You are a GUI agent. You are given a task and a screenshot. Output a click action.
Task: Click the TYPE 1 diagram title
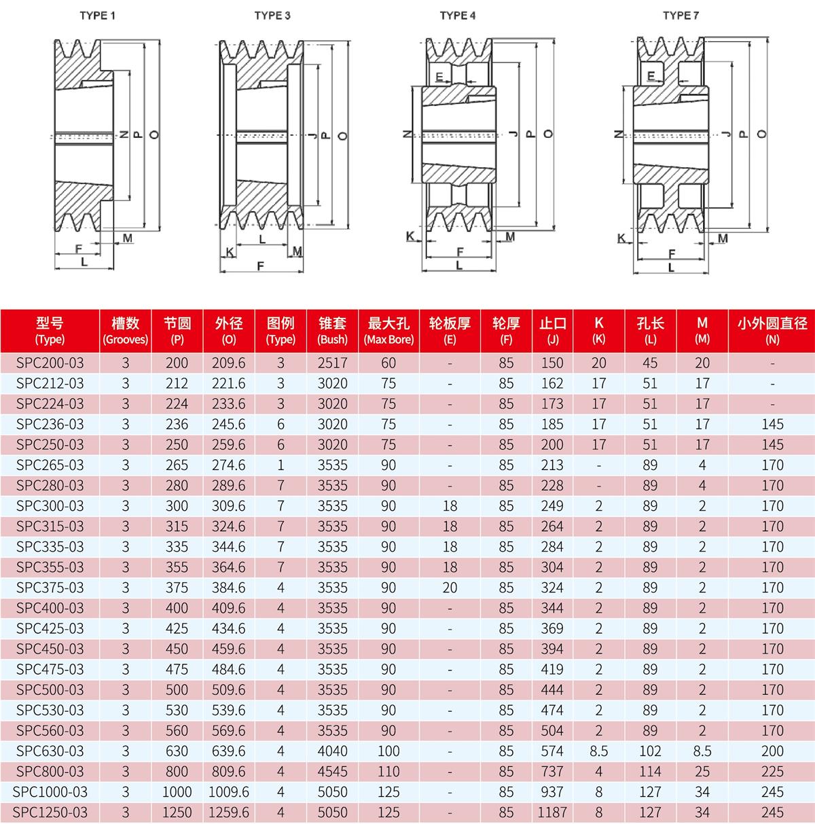[x=97, y=15]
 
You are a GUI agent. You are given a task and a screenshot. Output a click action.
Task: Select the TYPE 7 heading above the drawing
[x=681, y=15]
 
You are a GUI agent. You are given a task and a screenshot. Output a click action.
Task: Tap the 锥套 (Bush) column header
[x=332, y=331]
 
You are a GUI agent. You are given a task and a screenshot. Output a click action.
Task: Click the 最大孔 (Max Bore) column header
[x=388, y=331]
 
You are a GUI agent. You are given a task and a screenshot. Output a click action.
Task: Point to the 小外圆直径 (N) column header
[x=772, y=331]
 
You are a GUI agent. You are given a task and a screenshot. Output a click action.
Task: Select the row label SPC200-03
[x=50, y=363]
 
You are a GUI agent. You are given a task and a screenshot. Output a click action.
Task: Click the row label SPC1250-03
[x=50, y=812]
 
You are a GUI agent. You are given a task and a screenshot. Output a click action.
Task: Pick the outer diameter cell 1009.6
[x=228, y=791]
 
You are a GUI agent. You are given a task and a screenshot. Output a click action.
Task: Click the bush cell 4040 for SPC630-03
[x=332, y=751]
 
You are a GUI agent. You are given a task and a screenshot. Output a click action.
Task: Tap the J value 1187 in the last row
[x=552, y=812]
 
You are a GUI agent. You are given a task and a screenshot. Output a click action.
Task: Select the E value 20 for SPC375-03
[x=450, y=588]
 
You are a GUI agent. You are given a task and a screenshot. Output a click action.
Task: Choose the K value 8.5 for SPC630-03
[x=598, y=751]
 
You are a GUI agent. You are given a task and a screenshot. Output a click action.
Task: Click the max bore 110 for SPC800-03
[x=388, y=771]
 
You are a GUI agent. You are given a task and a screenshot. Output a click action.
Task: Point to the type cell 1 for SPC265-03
[x=280, y=465]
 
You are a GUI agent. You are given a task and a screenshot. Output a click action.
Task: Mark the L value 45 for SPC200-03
[x=650, y=363]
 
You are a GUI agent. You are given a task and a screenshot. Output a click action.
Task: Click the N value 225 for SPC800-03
[x=772, y=771]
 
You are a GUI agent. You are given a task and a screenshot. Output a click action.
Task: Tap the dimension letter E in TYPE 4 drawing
[x=440, y=77]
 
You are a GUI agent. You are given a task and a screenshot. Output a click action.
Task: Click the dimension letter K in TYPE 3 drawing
[x=230, y=252]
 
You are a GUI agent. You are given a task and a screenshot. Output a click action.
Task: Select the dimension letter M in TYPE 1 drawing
[x=128, y=237]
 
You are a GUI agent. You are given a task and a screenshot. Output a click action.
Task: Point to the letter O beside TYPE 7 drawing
[x=762, y=134]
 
